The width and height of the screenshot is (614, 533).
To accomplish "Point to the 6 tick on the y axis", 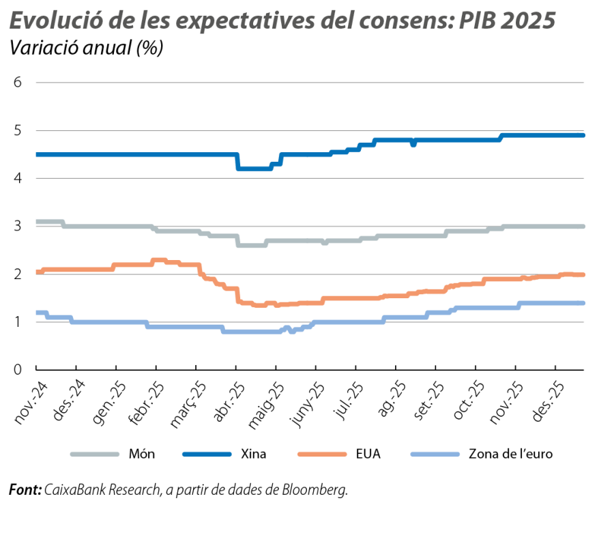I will coord(18,83).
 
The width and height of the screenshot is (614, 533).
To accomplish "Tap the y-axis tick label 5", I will coord(18,130).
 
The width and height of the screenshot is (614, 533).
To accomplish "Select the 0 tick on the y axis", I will coord(18,369).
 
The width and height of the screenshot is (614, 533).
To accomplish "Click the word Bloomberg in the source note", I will coord(314,490).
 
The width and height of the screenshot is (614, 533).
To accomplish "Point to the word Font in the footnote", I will coord(24,490).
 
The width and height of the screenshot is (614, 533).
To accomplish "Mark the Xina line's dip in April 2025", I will coord(254,168).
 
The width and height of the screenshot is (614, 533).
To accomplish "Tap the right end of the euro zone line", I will coord(583,302).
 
